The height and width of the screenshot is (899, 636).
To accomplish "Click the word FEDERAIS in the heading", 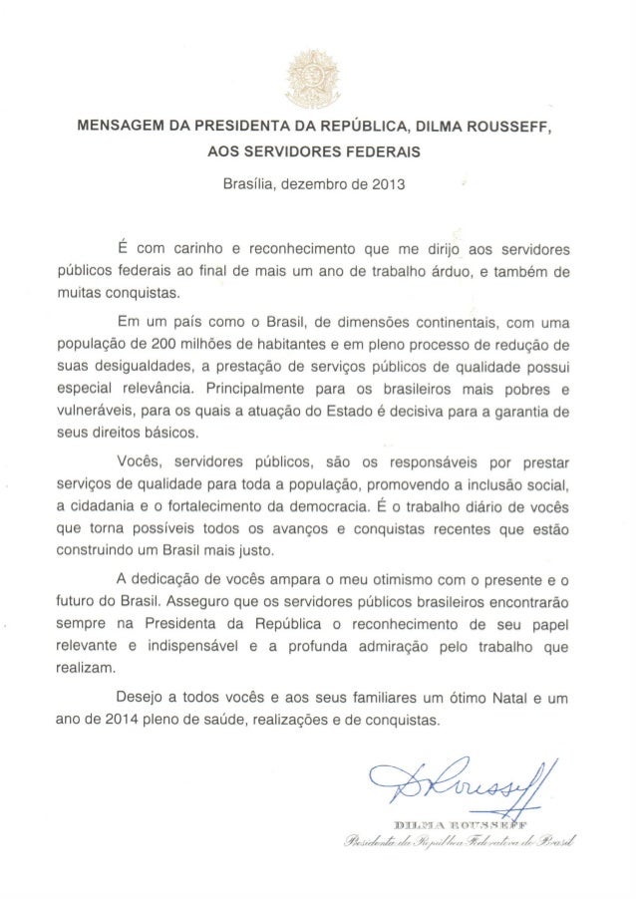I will tap(379, 152).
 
